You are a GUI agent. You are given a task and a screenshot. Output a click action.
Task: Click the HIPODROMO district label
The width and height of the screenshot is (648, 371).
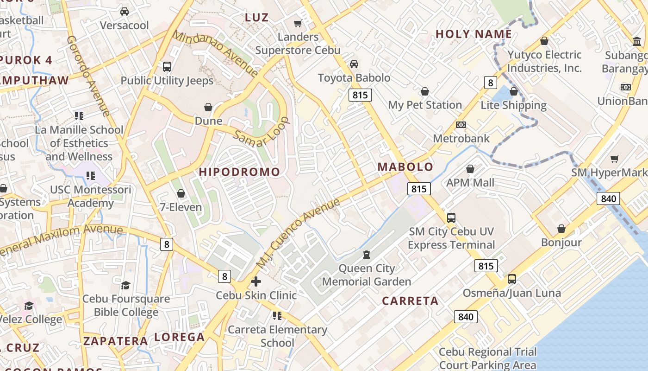[x=239, y=172]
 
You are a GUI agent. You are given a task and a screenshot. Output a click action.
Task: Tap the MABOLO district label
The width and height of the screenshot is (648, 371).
[x=405, y=167]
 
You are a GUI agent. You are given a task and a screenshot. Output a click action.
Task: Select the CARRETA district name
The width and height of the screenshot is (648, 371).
[x=410, y=301]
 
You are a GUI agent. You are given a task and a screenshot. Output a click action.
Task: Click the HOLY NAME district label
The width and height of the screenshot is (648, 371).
[x=474, y=34]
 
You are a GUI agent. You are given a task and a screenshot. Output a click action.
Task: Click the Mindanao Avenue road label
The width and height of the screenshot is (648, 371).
[x=215, y=53]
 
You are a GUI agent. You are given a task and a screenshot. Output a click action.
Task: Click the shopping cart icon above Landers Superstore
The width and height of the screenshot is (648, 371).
[x=298, y=23]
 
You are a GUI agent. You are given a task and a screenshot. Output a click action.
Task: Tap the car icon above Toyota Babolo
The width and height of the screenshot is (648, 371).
[x=354, y=64]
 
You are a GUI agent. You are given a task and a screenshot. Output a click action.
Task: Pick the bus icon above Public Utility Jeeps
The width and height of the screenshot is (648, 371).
[x=167, y=66]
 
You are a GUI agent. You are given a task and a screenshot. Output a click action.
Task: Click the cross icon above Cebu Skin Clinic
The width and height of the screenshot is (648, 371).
[x=256, y=281]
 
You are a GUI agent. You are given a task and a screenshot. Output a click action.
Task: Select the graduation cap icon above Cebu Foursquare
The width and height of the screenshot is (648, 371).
[x=125, y=285]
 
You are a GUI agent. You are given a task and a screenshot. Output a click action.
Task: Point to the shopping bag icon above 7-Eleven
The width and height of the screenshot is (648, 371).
[x=181, y=193]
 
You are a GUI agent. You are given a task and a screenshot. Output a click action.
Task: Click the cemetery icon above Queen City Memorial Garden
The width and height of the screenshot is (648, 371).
[x=367, y=254]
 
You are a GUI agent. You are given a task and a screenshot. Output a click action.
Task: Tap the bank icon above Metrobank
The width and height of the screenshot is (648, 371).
[x=461, y=124]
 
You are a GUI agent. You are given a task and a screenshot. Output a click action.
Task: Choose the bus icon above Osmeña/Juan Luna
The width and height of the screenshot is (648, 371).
[x=512, y=279]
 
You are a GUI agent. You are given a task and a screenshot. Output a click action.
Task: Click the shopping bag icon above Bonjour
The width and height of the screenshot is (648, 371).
[x=561, y=229]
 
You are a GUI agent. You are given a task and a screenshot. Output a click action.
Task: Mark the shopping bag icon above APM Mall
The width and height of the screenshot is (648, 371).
[x=470, y=169]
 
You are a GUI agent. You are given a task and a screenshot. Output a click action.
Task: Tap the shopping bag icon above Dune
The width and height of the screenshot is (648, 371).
[x=208, y=107]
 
